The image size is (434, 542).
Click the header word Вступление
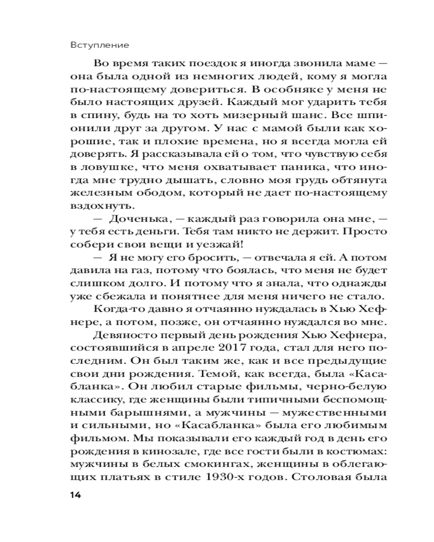pos(103,44)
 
